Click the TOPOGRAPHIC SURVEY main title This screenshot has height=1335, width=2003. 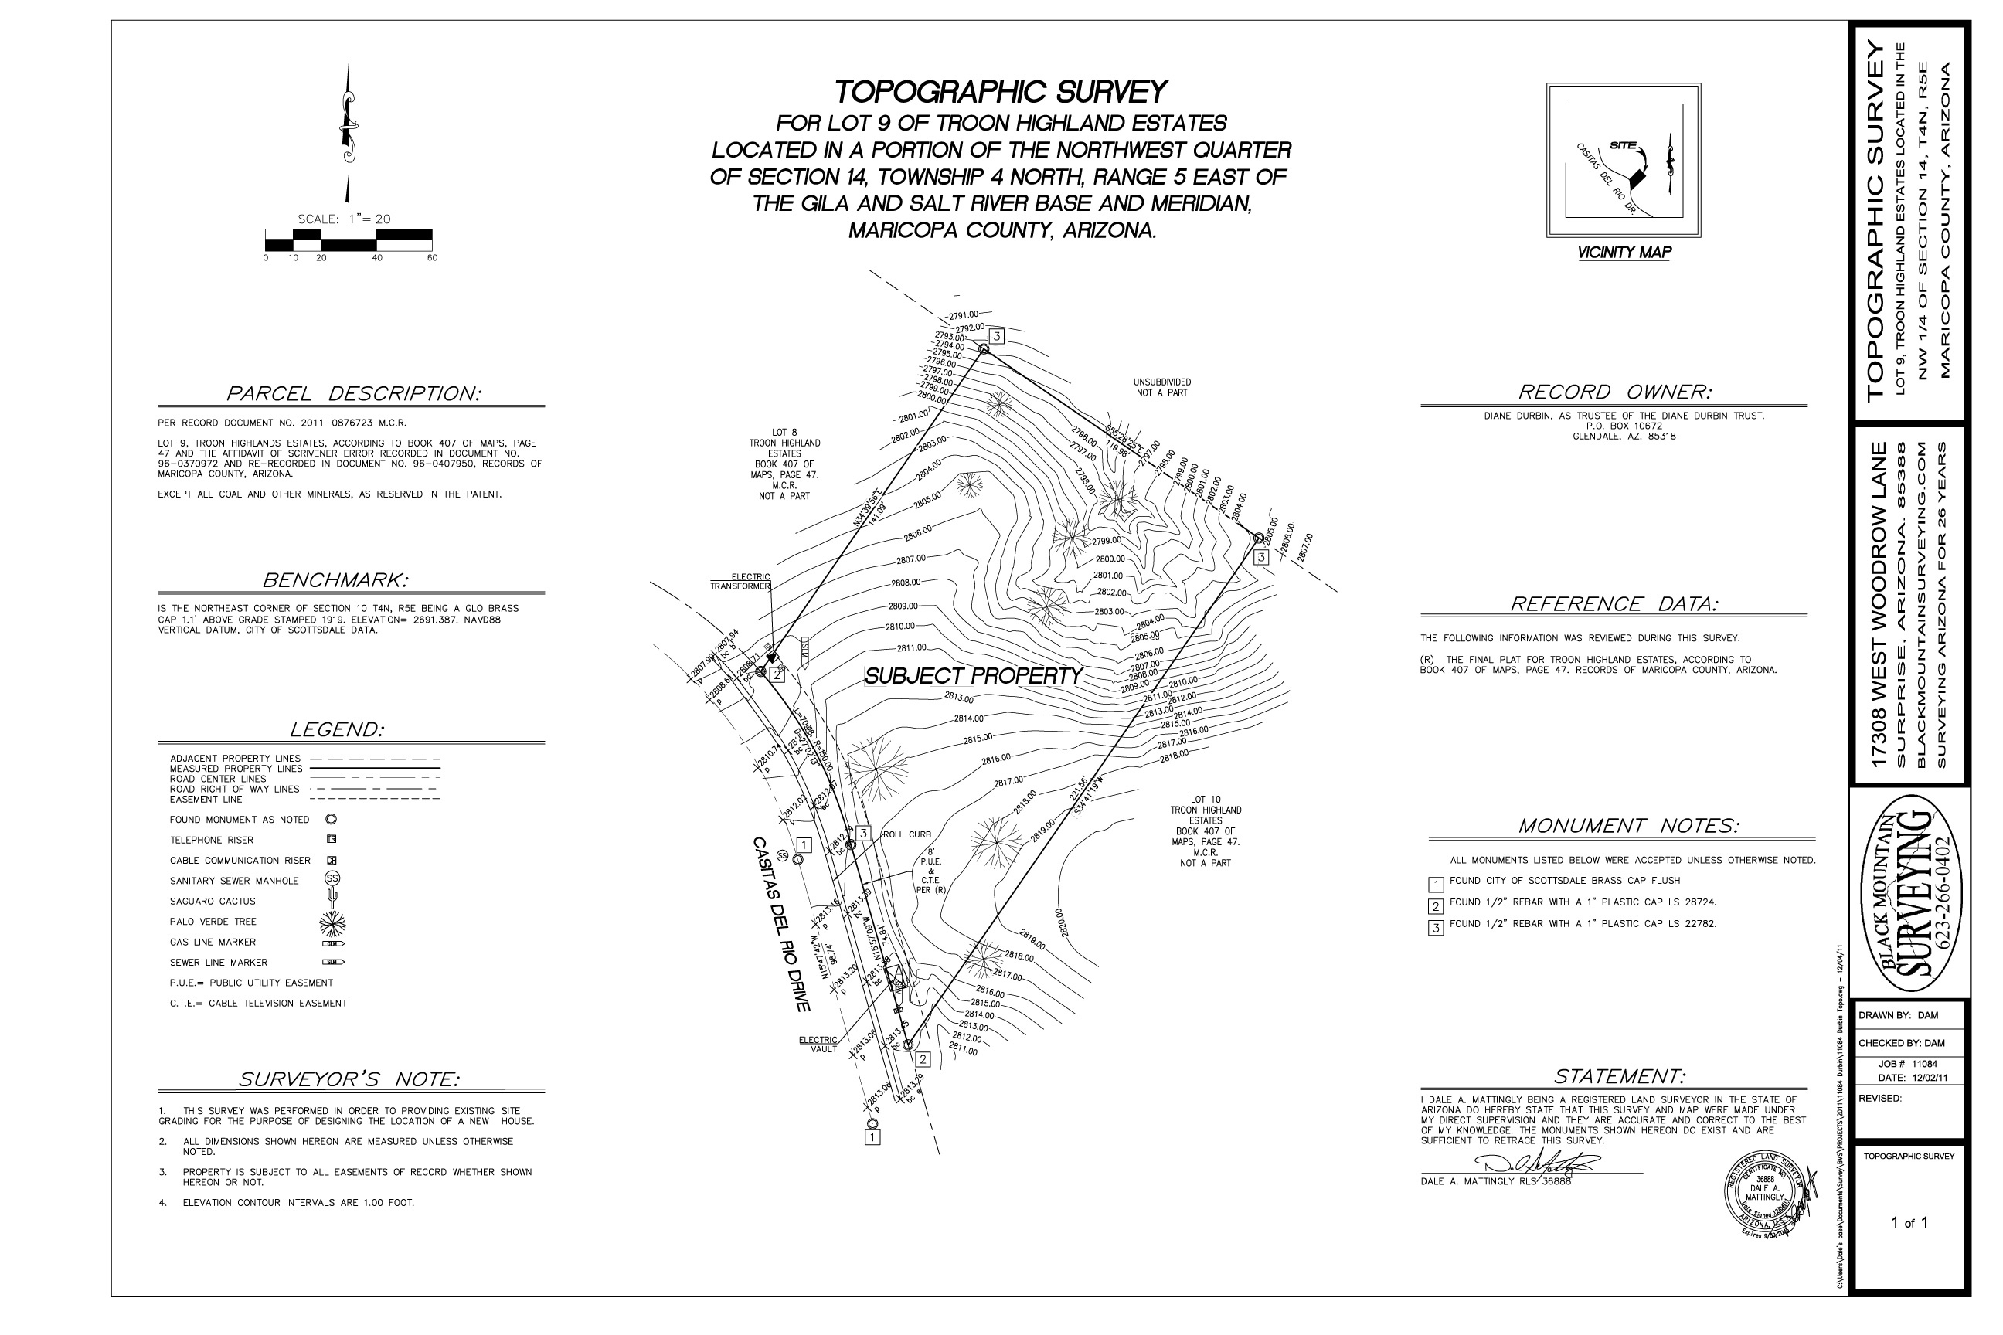click(x=1000, y=92)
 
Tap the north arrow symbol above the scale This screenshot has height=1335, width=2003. click(x=349, y=132)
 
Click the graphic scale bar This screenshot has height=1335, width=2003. click(x=349, y=239)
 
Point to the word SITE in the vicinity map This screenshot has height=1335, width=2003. click(x=1622, y=144)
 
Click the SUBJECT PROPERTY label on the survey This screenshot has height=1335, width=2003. click(x=973, y=676)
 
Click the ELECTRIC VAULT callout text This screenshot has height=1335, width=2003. click(x=818, y=1045)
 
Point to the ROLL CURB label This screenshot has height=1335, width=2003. click(x=907, y=834)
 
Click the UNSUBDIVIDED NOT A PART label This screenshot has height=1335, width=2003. click(x=1161, y=387)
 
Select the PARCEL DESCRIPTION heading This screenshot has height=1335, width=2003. click(x=353, y=393)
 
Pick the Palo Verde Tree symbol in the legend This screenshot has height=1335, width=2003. click(x=332, y=922)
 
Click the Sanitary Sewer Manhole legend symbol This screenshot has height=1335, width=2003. click(x=332, y=878)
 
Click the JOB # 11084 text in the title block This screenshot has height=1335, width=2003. click(x=1908, y=1063)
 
